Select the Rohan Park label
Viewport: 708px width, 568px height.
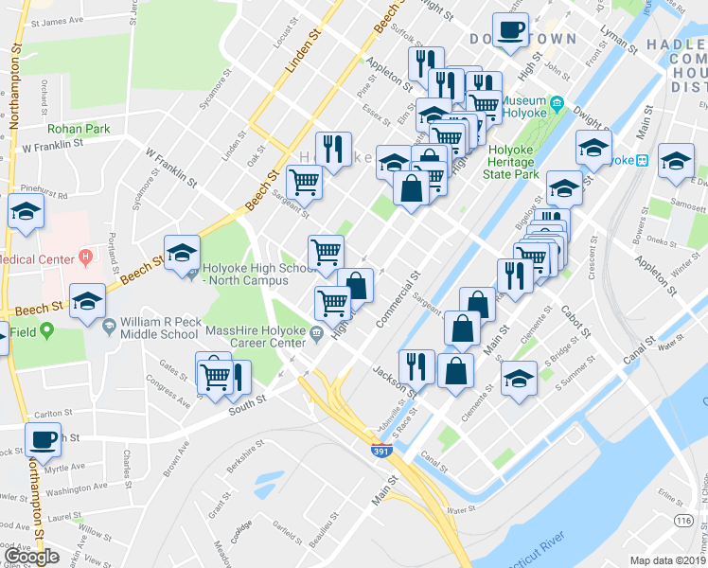tap(80, 129)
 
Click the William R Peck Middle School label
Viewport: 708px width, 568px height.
tap(159, 328)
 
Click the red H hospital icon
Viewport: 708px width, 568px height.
tap(86, 256)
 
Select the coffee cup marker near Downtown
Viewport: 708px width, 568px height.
tap(511, 30)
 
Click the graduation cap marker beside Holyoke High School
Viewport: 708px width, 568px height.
tap(182, 252)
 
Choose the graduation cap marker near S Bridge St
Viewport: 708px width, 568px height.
tap(519, 378)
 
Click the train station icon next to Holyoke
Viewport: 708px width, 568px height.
tap(642, 160)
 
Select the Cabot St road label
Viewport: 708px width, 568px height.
tap(575, 321)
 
